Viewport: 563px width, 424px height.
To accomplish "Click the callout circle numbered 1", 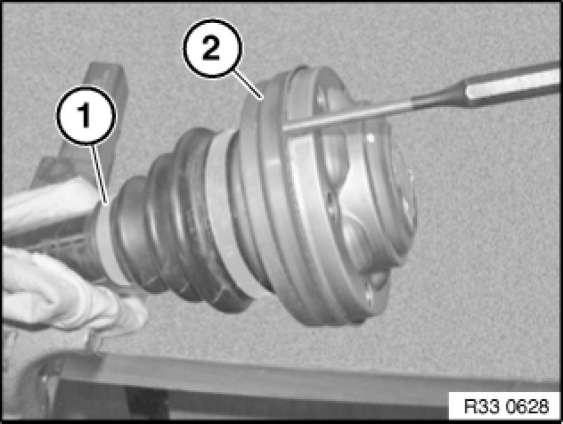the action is coord(86,116).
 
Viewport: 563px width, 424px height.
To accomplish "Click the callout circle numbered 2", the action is coord(212,48).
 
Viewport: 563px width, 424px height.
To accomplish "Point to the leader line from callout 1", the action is coord(100,175).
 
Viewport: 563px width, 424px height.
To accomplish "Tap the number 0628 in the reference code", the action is coord(527,407).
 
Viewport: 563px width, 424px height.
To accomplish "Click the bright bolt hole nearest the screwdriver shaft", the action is coord(370,138).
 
